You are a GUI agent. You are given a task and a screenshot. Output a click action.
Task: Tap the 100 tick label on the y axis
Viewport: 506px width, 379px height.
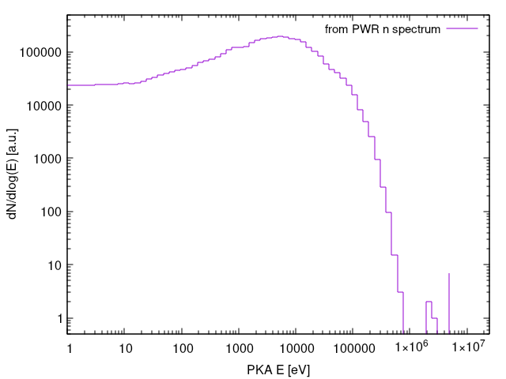tap(52, 212)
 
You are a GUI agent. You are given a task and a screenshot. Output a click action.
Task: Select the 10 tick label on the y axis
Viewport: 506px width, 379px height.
tap(55, 265)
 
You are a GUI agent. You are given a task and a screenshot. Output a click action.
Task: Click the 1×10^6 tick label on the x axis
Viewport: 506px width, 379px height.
tap(410, 347)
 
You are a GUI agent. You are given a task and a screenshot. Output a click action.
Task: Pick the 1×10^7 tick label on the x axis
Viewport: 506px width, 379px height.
tap(466, 347)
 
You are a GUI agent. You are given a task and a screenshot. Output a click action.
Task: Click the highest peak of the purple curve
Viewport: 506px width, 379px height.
tap(280, 36)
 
